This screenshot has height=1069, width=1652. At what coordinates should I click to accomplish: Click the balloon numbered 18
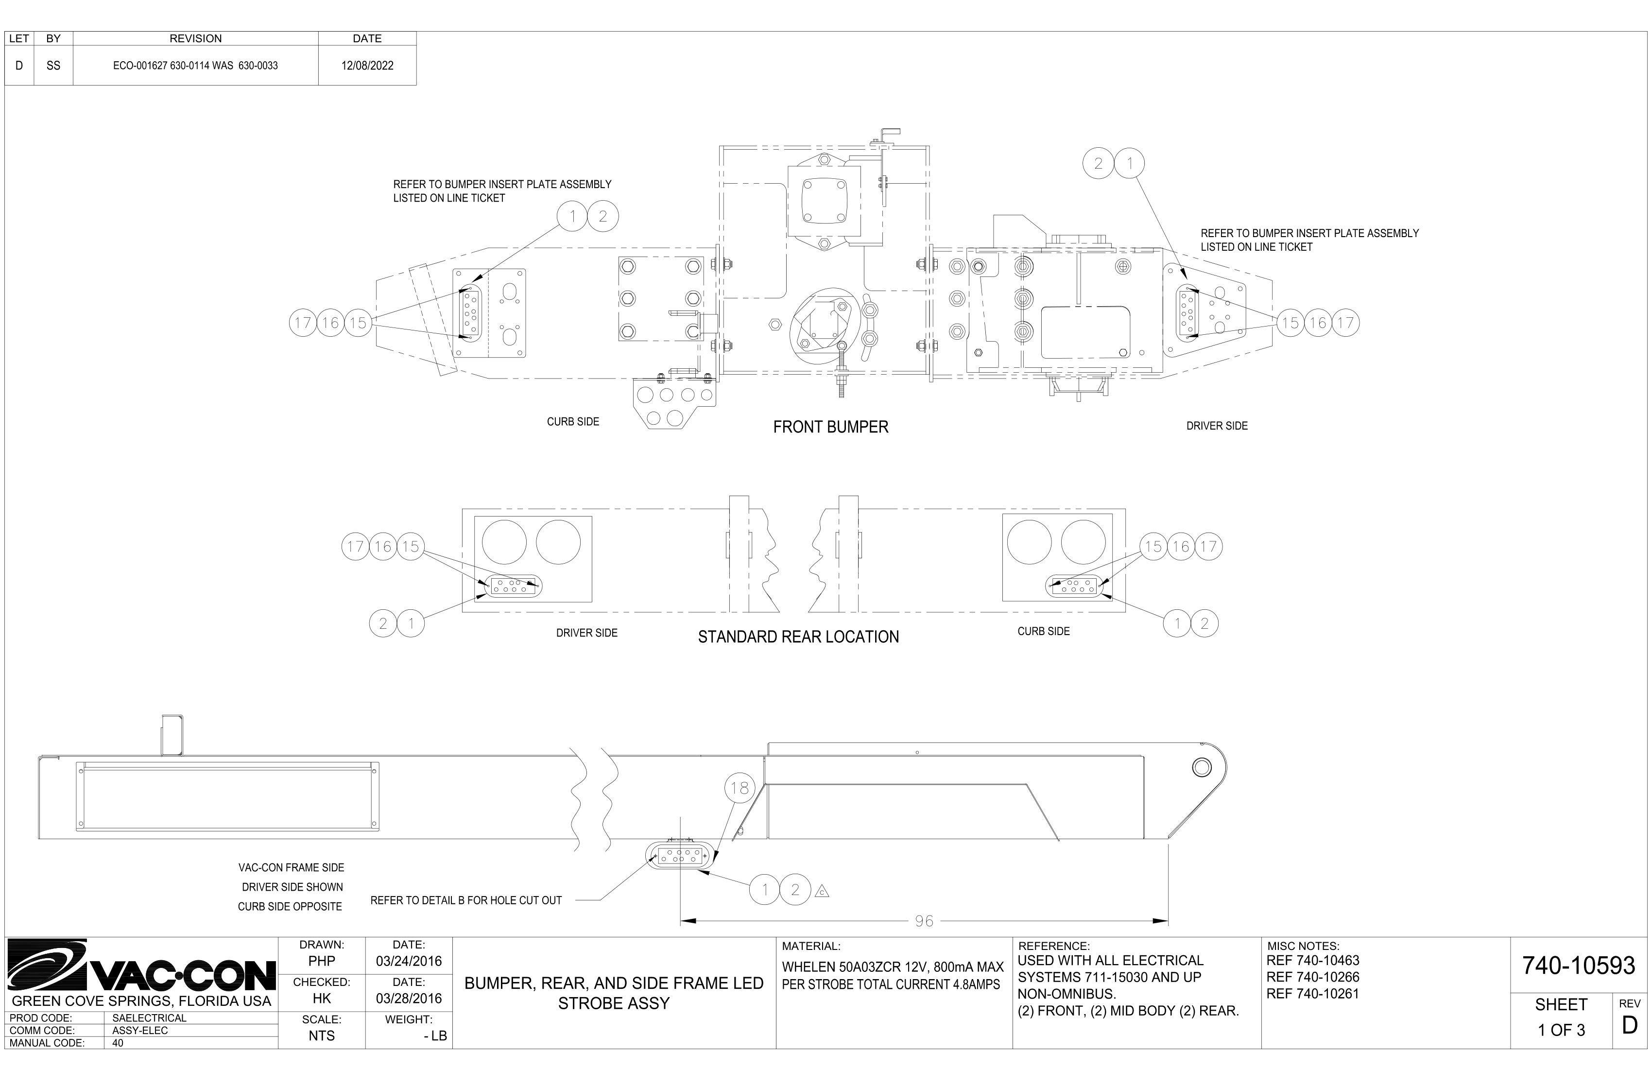tap(739, 788)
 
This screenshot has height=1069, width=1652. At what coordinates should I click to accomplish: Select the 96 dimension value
tap(924, 921)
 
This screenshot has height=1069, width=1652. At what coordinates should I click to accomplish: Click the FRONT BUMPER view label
tap(830, 427)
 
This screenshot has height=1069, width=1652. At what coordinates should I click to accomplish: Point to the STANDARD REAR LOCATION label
tap(798, 637)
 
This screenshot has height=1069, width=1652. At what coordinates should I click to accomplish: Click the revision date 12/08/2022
tap(367, 66)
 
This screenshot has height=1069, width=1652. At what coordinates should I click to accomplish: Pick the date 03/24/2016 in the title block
tap(409, 962)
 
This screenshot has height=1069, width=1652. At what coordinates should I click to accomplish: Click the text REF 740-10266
tap(1312, 977)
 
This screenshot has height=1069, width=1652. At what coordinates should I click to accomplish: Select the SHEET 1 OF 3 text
tap(1561, 1017)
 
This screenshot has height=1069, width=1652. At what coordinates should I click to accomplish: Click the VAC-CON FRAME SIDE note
tap(291, 868)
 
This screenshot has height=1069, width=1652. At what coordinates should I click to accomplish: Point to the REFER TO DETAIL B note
tap(466, 900)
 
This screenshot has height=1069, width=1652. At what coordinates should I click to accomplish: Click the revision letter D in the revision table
tap(19, 66)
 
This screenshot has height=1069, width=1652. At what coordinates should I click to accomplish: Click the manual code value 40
tap(118, 1043)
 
